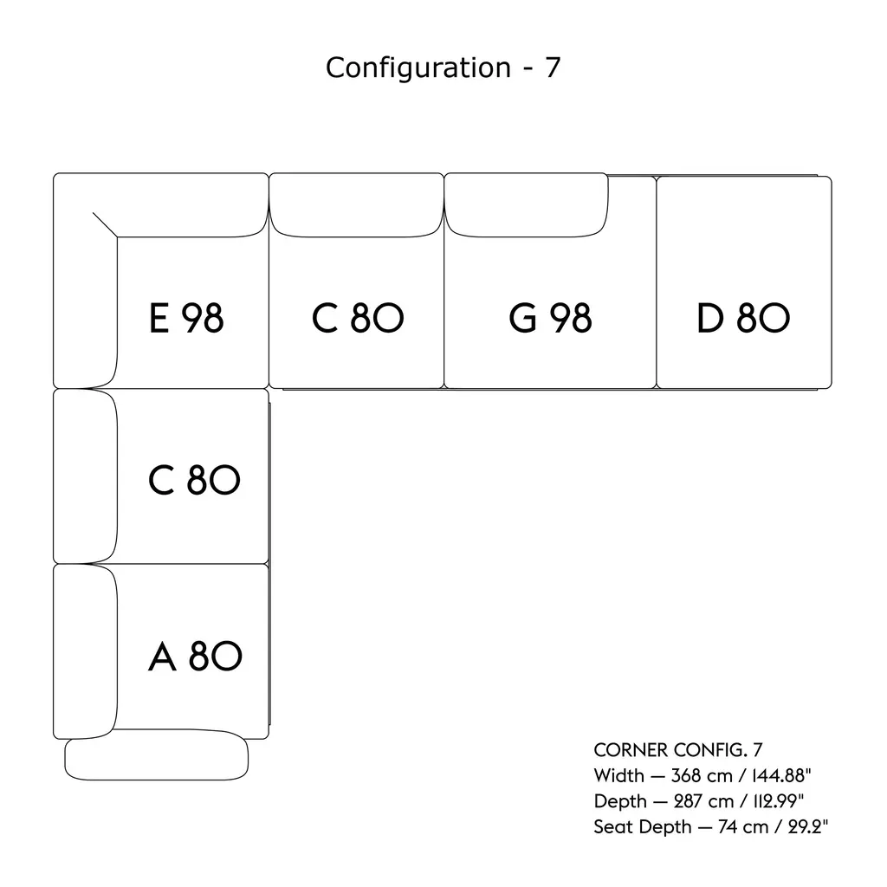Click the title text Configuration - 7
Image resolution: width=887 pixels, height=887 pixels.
pyautogui.click(x=443, y=68)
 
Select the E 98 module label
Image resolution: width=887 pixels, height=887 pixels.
pyautogui.click(x=186, y=319)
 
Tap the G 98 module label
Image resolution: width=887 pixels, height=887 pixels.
pyautogui.click(x=550, y=319)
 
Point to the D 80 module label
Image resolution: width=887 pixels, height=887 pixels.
pyautogui.click(x=743, y=319)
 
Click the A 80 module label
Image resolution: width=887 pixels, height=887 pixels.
pyautogui.click(x=195, y=657)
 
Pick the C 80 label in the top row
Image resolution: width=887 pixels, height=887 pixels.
pyautogui.click(x=357, y=319)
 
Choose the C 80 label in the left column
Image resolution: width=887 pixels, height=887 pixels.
pyautogui.click(x=194, y=481)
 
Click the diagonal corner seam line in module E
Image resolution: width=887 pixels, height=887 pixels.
pyautogui.click(x=105, y=223)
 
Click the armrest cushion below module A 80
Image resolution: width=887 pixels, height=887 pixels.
pyautogui.click(x=157, y=758)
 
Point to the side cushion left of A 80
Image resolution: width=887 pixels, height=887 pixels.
pyautogui.click(x=85, y=650)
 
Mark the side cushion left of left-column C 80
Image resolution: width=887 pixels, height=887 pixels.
pyautogui.click(x=85, y=476)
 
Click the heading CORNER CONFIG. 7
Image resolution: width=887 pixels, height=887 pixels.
pyautogui.click(x=677, y=750)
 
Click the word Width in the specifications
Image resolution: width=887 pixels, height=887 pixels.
pyautogui.click(x=618, y=775)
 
